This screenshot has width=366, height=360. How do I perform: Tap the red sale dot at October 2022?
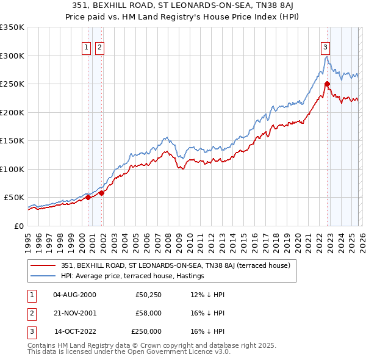(328, 84)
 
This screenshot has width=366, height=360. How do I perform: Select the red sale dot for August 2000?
(88, 197)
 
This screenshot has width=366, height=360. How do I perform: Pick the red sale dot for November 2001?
(102, 193)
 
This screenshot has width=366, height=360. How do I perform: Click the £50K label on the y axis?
(13, 198)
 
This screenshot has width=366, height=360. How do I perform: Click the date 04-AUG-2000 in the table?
(74, 295)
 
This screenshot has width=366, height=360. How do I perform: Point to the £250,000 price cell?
(146, 331)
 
